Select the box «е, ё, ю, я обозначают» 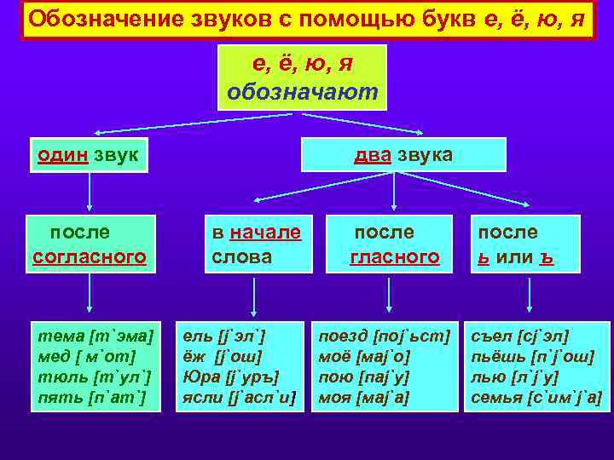[x=302, y=78]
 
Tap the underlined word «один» [x=62, y=155]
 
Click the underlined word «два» [x=373, y=155]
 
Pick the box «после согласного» [x=90, y=244]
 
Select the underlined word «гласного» [x=394, y=256]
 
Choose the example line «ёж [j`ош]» [x=223, y=357]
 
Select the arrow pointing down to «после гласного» [x=393, y=192]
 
